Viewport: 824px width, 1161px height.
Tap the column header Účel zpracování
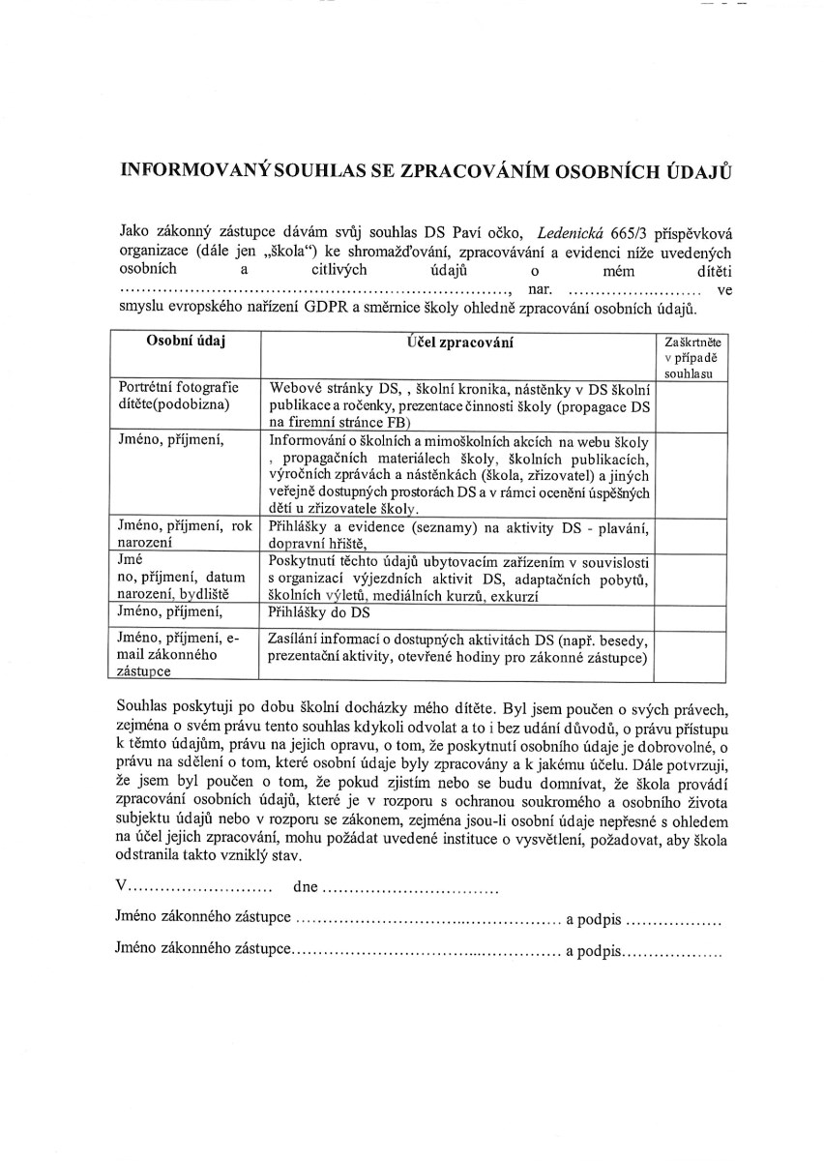tap(459, 342)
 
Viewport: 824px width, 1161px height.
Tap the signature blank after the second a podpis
tap(673, 951)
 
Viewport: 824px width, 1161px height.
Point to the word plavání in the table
tap(625, 528)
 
